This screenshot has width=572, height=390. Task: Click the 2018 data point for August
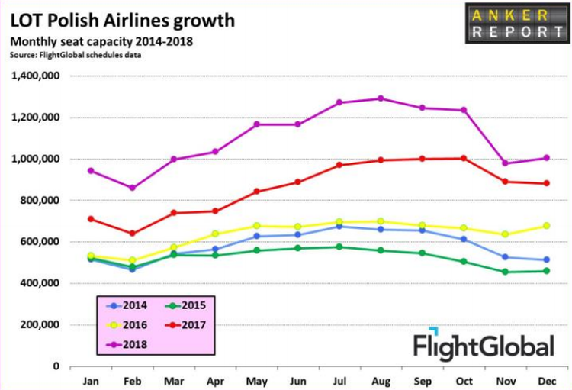click(381, 98)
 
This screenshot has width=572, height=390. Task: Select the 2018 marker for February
click(133, 188)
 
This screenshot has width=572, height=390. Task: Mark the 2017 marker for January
click(92, 219)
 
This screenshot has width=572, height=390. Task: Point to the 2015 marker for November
click(505, 272)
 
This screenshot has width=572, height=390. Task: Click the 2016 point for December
click(546, 226)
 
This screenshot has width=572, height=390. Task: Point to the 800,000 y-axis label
click(38, 201)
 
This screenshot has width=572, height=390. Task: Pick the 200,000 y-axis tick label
click(38, 324)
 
